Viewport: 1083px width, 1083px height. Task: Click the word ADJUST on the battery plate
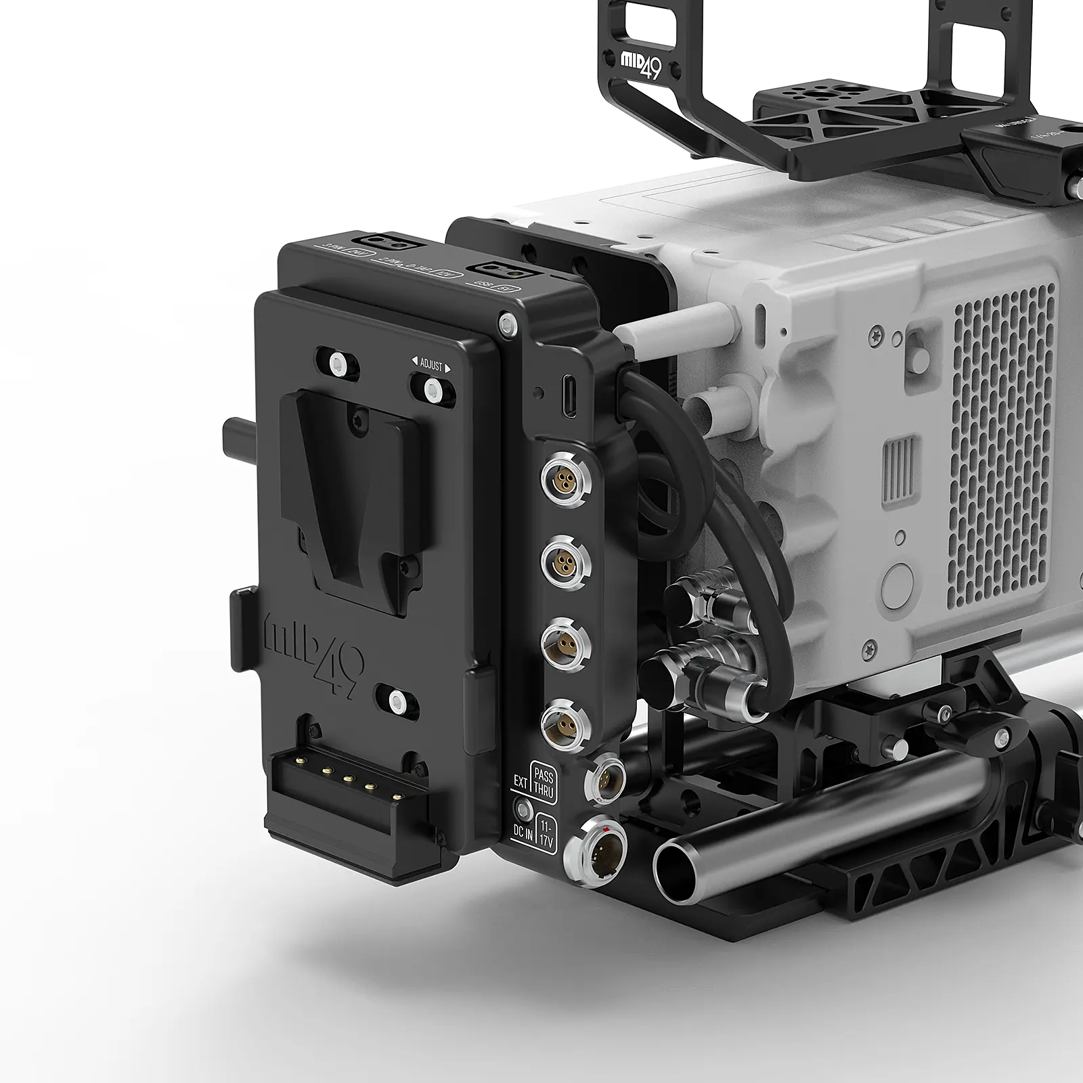(x=431, y=366)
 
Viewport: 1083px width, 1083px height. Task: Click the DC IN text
(x=523, y=831)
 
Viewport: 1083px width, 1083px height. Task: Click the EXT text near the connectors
(x=521, y=782)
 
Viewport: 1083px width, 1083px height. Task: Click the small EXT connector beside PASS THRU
(x=603, y=778)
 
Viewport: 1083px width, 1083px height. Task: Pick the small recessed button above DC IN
(x=523, y=809)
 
